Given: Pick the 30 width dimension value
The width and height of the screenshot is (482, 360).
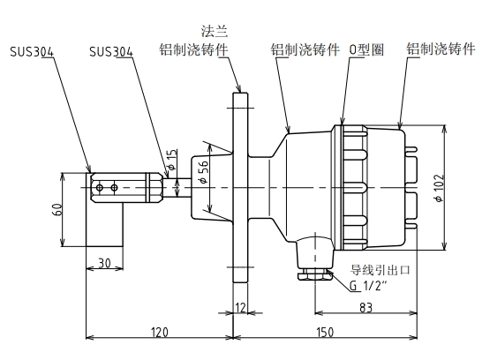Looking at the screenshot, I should [x=103, y=262].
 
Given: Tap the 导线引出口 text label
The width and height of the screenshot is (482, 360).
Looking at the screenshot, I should [x=382, y=269].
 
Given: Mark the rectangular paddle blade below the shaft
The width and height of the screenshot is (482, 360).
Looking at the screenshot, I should [x=104, y=225].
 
